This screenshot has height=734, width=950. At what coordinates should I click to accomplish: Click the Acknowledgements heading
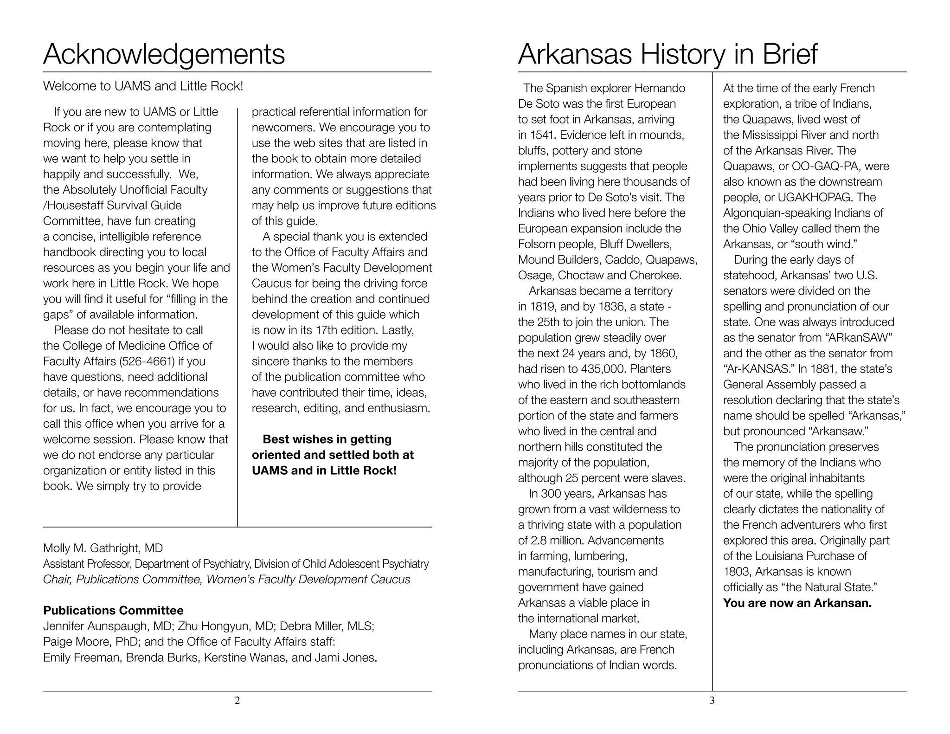tap(164, 54)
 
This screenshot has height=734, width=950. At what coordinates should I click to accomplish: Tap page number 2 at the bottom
tap(237, 701)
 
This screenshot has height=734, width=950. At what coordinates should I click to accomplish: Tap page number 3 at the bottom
tap(712, 701)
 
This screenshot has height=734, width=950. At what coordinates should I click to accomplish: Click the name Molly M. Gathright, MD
tap(103, 548)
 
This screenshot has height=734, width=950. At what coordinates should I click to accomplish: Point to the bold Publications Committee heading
tap(113, 610)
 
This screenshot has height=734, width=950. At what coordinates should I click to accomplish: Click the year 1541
tap(539, 135)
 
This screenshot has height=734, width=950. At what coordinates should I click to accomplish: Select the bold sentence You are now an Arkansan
tap(797, 603)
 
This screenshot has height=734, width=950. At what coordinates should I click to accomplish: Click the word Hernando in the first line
tap(659, 88)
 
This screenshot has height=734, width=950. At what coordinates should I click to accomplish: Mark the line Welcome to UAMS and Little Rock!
tap(143, 86)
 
